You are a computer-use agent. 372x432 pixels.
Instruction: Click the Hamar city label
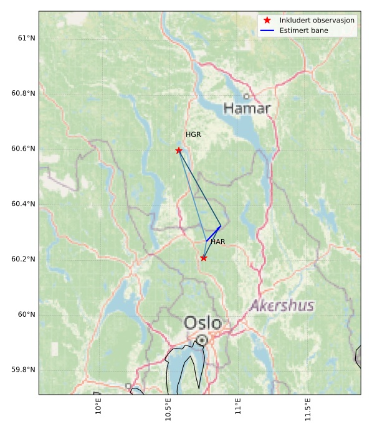point(247,109)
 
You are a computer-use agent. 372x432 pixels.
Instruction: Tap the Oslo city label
point(203,323)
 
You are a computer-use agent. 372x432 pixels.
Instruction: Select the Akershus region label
point(282,306)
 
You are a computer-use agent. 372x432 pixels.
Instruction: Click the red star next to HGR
point(179,151)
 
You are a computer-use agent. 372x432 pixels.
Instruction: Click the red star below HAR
point(204,258)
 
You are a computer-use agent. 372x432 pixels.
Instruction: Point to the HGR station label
point(193,134)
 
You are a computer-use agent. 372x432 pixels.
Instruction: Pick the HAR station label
point(217,242)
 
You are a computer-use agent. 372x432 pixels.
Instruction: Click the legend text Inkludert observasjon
point(317,21)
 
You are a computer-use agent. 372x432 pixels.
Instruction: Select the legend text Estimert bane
point(304,31)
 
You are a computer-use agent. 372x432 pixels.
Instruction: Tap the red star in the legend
point(267,21)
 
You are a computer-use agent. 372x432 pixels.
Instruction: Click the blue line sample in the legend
point(267,31)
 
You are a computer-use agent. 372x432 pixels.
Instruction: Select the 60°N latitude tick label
point(26,314)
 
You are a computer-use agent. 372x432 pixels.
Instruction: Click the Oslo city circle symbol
point(202,340)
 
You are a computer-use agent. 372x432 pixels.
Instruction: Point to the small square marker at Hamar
point(246,96)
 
